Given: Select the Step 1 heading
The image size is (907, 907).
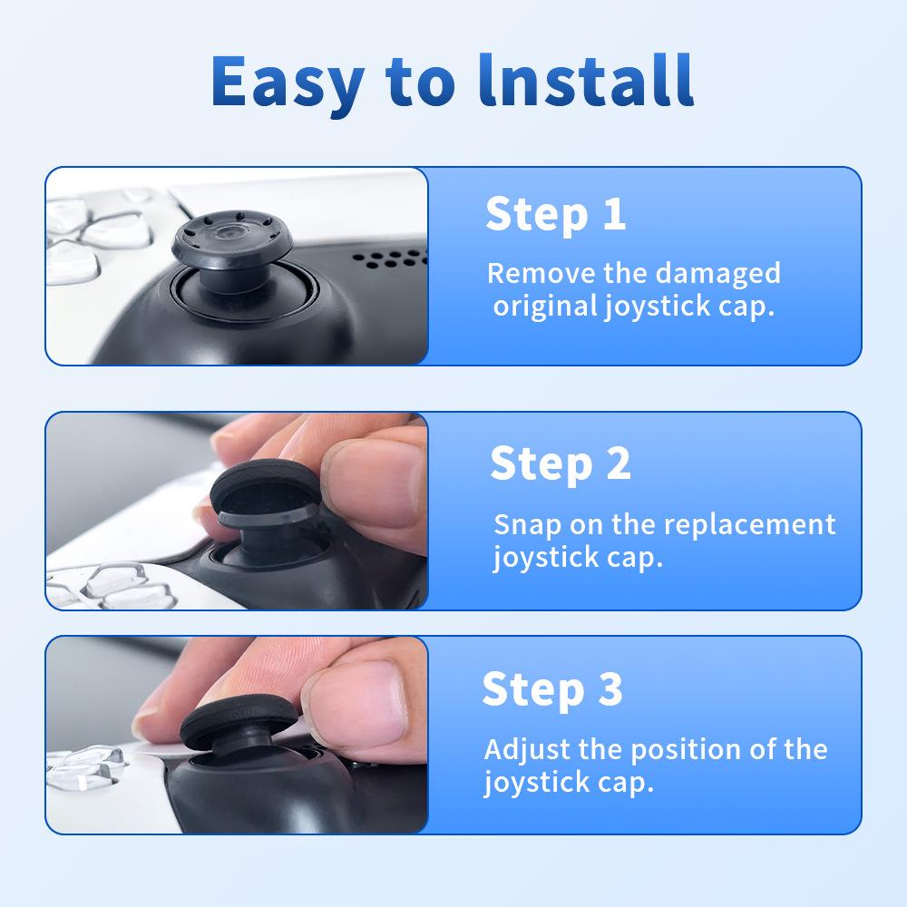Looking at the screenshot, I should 555,214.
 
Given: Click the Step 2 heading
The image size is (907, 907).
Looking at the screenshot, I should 560,463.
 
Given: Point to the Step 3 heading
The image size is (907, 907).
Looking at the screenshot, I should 552,689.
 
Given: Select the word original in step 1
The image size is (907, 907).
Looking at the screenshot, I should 543,306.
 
